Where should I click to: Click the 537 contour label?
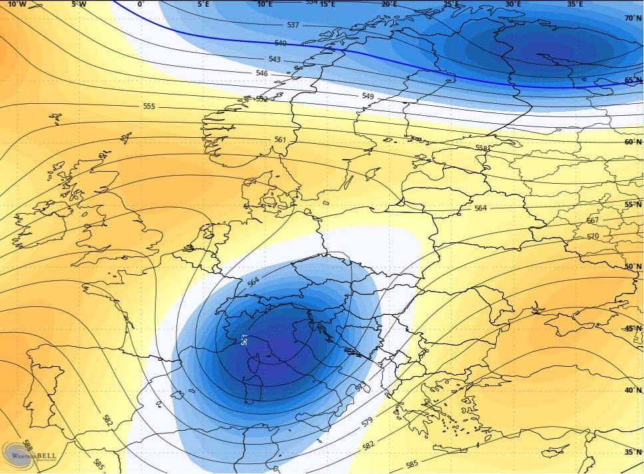tap(292, 25)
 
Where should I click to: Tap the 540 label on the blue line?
tap(280, 43)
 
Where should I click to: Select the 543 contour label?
tap(274, 60)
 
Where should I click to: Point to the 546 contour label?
tap(262, 73)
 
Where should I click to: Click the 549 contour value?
tap(368, 97)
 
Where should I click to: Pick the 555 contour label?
tap(149, 107)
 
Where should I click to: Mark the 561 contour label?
tap(280, 140)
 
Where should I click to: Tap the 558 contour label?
tap(481, 148)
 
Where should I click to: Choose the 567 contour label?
tap(593, 220)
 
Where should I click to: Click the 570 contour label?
tap(594, 236)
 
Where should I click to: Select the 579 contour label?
tap(366, 422)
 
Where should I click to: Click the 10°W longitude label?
tap(17, 4)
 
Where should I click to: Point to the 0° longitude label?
tap(141, 4)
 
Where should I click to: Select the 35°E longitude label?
tap(575, 4)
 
